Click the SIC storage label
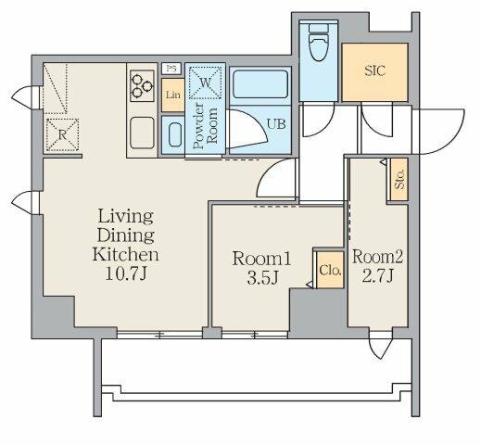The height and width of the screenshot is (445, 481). click(374, 70)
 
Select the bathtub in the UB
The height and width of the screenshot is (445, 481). click(260, 84)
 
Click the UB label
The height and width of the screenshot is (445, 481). click(276, 124)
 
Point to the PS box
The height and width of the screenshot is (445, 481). click(171, 69)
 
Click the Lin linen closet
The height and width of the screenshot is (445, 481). click(173, 95)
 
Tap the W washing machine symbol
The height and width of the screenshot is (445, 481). click(205, 83)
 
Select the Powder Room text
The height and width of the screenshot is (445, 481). click(205, 126)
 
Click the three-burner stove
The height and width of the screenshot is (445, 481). click(142, 85)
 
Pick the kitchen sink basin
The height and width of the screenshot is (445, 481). click(142, 133)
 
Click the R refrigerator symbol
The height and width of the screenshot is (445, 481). click(62, 135)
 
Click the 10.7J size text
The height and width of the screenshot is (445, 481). click(126, 273)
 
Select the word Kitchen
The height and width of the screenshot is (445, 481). click(126, 254)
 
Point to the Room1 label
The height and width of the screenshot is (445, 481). click(261, 259)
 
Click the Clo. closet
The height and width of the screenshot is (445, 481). click(330, 270)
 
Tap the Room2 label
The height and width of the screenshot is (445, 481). click(377, 257)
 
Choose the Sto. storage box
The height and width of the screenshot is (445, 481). click(399, 180)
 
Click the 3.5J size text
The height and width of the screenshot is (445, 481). click(262, 278)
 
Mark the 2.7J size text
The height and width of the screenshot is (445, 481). click(377, 275)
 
